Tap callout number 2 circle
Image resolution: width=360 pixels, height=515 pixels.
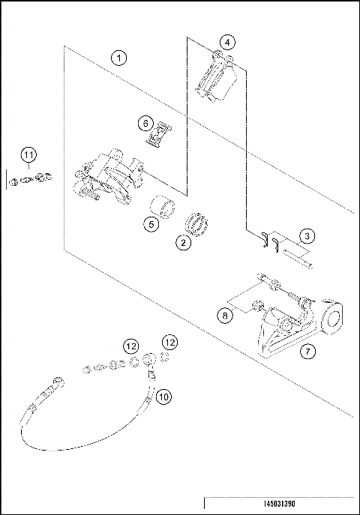(x=181, y=242)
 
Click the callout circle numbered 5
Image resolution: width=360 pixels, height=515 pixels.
(x=151, y=223)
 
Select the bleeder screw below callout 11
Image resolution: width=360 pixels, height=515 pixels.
(x=30, y=179)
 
